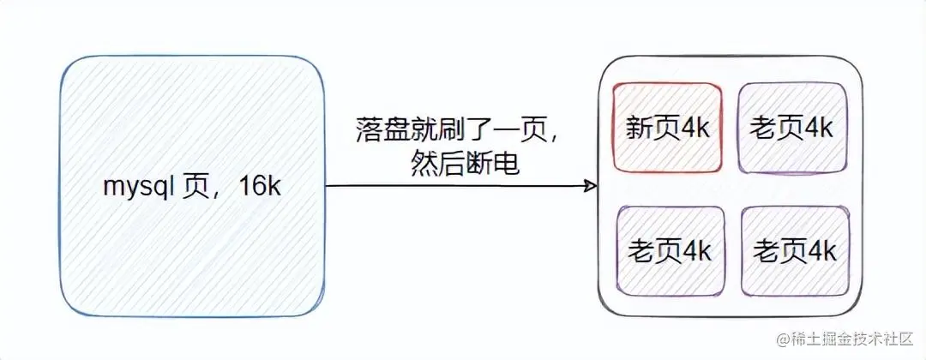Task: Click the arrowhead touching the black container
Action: (x=591, y=185)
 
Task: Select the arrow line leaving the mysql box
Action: (x=454, y=185)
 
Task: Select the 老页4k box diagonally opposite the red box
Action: (x=794, y=250)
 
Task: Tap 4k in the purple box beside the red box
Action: (x=817, y=128)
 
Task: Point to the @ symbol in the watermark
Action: (x=783, y=340)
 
